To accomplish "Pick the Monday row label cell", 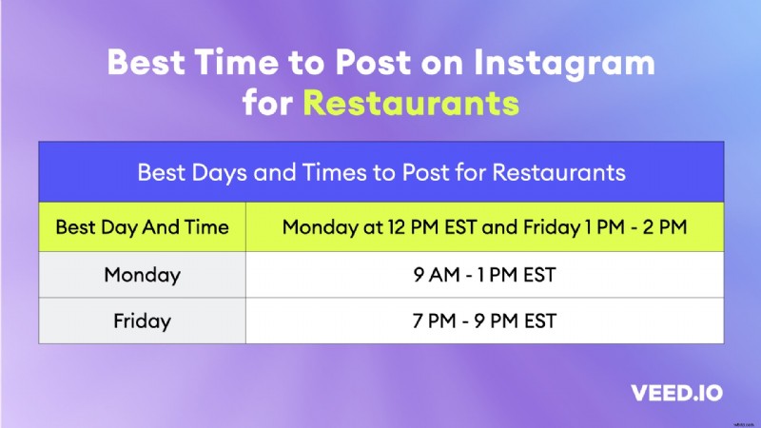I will point(142,275).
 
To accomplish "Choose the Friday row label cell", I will point(142,321).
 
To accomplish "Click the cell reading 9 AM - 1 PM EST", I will point(484,275).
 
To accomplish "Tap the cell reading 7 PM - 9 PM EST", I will point(484,321).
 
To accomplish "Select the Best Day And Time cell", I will point(142,228).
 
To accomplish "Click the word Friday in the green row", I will point(550,228).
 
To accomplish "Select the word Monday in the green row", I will point(318,228).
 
